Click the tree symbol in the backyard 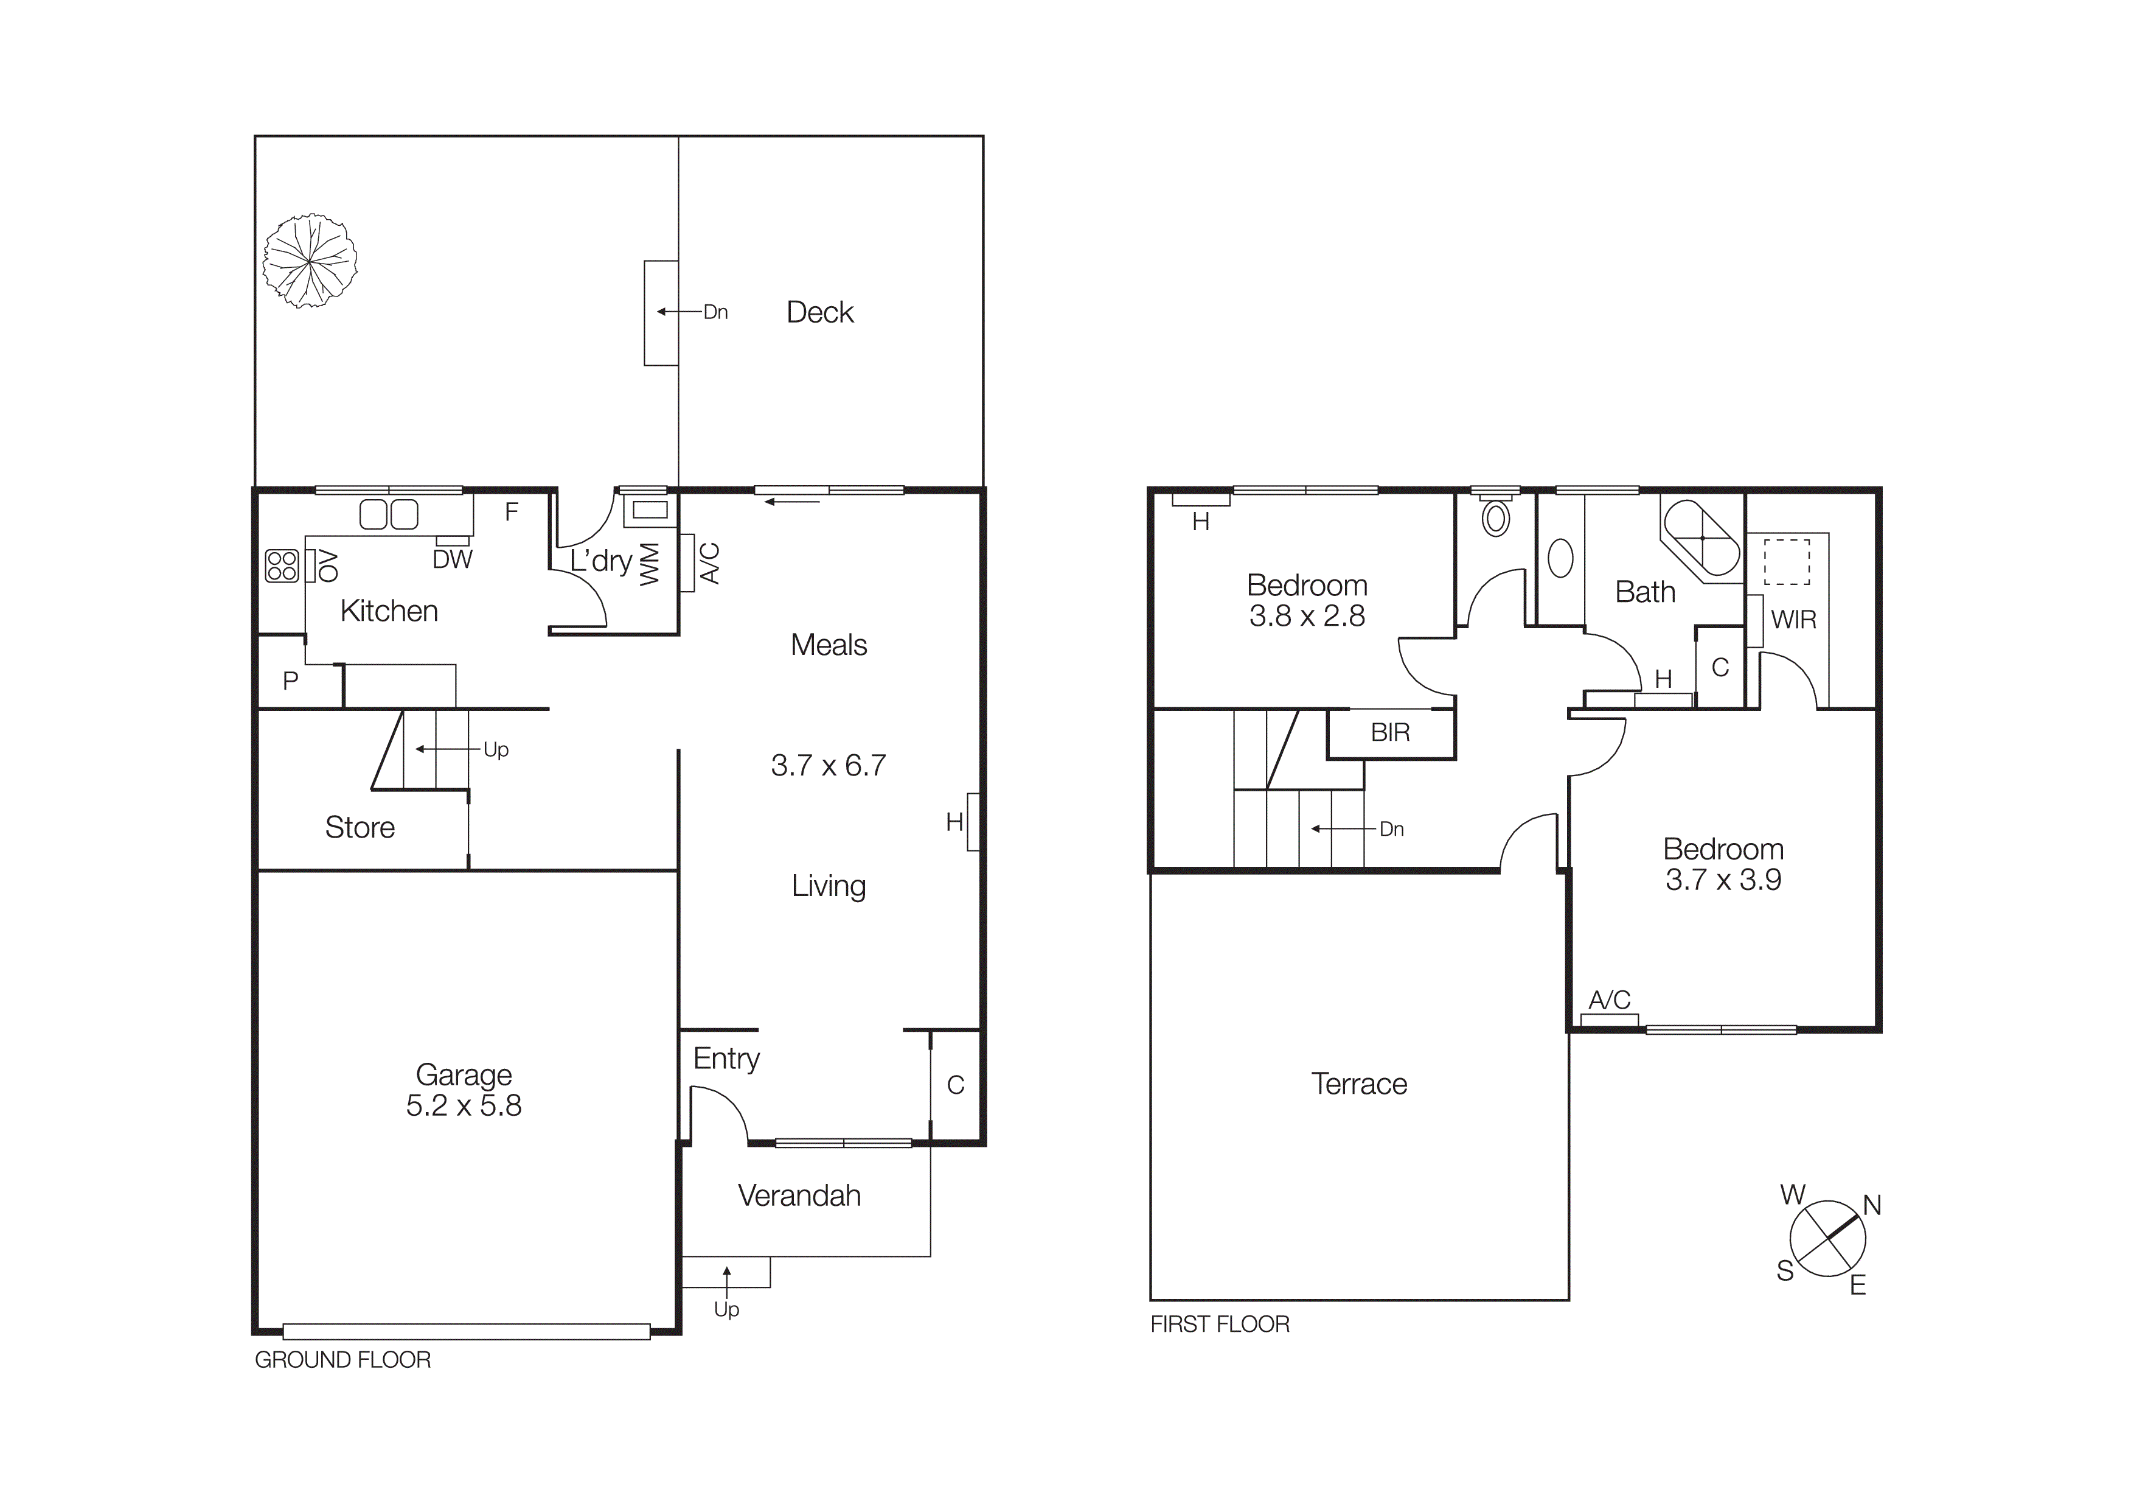[310, 261]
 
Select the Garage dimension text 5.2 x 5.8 [464, 1105]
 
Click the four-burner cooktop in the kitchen [282, 565]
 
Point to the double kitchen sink [389, 514]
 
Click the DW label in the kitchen [453, 560]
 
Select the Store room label [360, 827]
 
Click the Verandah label [799, 1196]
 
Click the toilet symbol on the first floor [1495, 518]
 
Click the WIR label [1793, 620]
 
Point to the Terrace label [1359, 1084]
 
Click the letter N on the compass [1872, 1206]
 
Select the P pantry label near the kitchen [290, 682]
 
